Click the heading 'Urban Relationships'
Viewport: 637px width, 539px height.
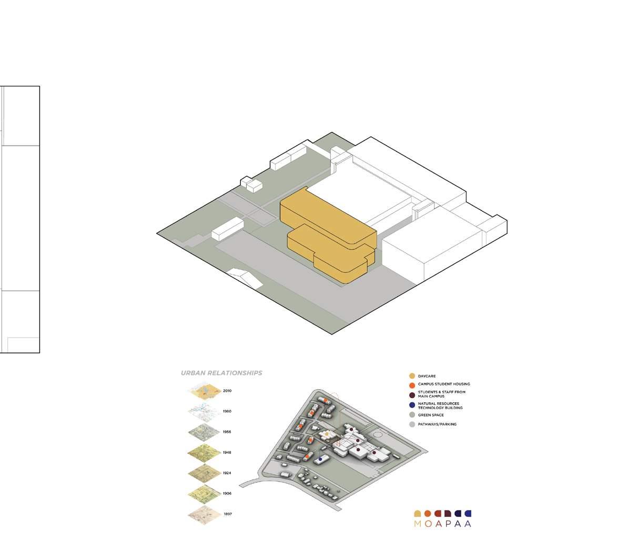(221, 373)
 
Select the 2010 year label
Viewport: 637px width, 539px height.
(227, 391)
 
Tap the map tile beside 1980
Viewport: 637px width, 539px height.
(203, 411)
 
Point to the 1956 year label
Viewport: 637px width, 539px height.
(227, 432)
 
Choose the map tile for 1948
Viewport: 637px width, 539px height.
(203, 452)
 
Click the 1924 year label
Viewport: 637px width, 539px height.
(227, 473)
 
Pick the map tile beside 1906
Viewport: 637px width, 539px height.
(203, 493)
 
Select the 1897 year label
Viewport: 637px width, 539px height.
(227, 514)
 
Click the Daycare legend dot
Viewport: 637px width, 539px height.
(412, 376)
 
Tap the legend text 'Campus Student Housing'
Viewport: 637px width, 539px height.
(444, 384)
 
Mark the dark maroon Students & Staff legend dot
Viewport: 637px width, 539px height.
(412, 394)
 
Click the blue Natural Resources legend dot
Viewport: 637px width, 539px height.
(412, 405)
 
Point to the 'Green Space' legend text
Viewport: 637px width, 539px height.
(431, 415)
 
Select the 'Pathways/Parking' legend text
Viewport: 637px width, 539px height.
(437, 424)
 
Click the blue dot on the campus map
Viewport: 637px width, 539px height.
(320, 459)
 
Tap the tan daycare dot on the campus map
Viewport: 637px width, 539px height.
(327, 433)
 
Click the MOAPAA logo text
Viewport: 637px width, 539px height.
(442, 523)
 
